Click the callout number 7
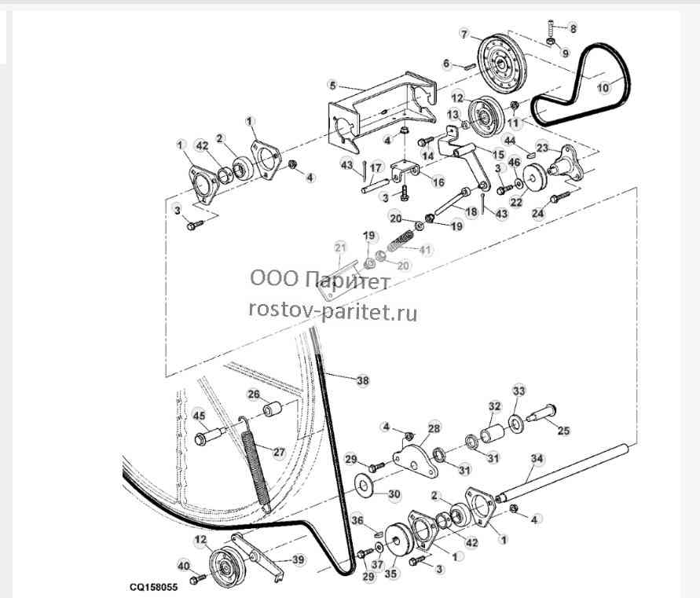point(464,35)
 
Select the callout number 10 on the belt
point(603,87)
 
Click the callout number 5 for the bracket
point(332,85)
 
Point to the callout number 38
point(363,380)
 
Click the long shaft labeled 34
point(564,471)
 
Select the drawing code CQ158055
point(153,586)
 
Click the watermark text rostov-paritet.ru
point(333,311)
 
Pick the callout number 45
point(199,416)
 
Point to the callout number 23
point(543,148)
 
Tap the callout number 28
point(434,428)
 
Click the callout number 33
point(519,391)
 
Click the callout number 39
point(299,559)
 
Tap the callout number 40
point(184,567)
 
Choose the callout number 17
point(376,168)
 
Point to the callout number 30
point(394,494)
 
